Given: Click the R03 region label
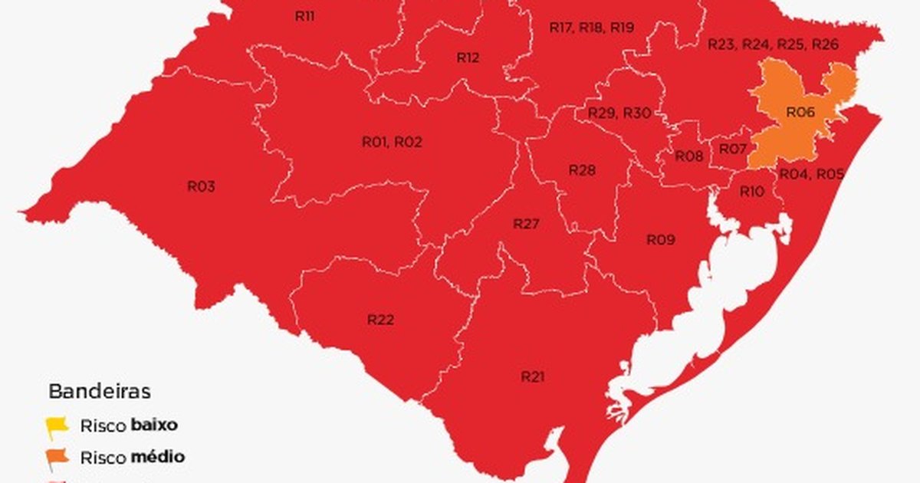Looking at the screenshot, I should coord(201,186).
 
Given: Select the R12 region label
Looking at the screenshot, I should coord(468,57).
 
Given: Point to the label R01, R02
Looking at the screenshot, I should coord(392,142).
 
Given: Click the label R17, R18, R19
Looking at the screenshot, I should coord(592,27).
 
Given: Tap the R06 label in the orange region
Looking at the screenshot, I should coord(800,113).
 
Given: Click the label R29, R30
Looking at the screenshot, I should coord(619,113).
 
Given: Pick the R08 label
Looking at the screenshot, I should coord(688,156).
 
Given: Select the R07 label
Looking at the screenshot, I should coord(733,148).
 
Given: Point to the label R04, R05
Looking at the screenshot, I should coord(811,174).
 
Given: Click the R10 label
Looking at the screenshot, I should coord(751,192).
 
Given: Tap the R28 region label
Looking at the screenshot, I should coord(582,169).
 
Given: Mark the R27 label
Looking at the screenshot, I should coord(527,224).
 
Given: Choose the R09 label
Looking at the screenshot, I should coord(660,240).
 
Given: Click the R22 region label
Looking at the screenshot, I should coord(380,320).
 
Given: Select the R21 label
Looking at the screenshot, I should coord(532,376).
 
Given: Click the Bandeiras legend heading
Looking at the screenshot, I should coord(100,392).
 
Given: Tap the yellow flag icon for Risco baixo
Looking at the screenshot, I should coord(56,426).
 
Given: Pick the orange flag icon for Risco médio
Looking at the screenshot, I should coord(57,458).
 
